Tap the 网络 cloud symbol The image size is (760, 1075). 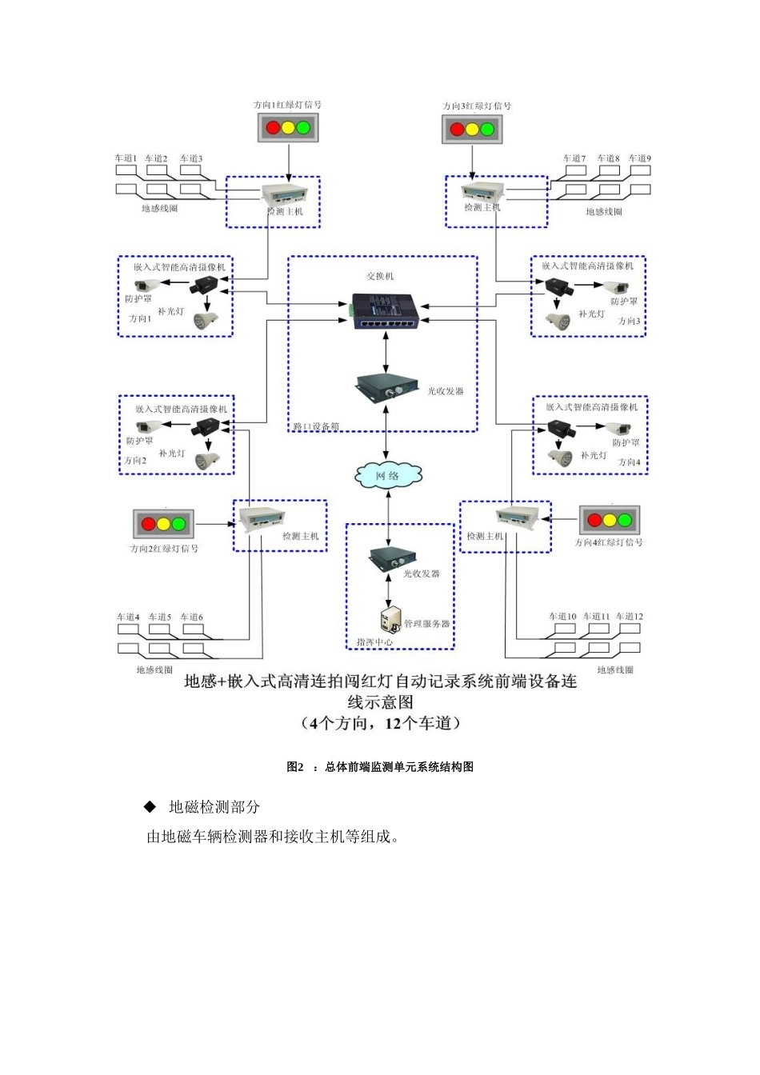(388, 476)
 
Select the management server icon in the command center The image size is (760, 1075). (390, 619)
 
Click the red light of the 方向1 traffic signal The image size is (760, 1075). (273, 128)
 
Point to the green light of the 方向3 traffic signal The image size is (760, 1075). (488, 129)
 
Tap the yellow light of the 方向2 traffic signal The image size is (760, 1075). (163, 525)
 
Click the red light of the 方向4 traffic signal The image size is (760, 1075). (594, 521)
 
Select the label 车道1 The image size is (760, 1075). (126, 158)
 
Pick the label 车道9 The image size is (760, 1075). (639, 158)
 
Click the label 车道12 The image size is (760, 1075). (629, 616)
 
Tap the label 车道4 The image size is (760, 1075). (128, 617)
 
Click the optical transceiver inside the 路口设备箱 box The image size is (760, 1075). (387, 388)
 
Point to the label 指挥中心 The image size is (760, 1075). (374, 641)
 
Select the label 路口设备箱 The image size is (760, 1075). (316, 426)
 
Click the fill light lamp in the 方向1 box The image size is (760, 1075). (205, 320)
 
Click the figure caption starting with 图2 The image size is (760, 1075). (380, 766)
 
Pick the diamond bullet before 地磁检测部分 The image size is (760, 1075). (150, 806)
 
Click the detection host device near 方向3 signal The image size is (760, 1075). (483, 192)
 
